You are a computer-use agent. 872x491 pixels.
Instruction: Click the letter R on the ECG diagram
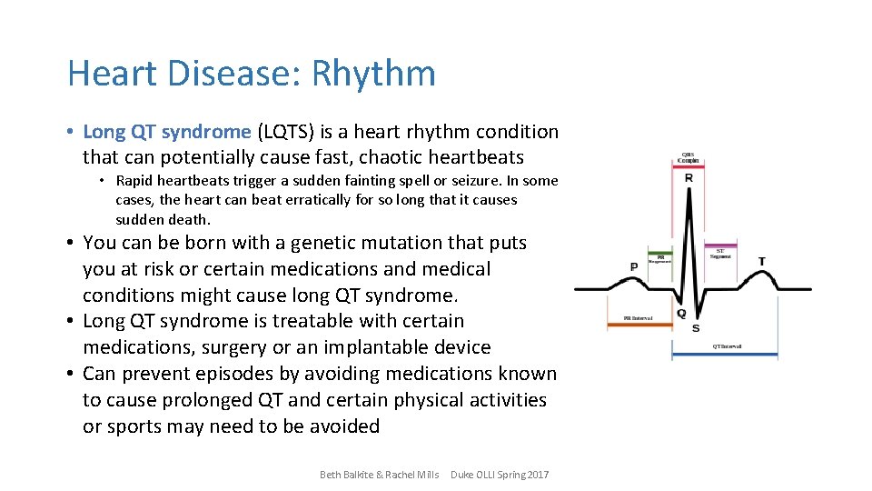pos(689,178)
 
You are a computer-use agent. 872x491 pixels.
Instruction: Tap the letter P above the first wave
pos(633,266)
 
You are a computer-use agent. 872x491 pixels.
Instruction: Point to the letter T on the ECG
pos(761,262)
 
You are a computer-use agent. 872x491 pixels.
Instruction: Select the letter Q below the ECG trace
pos(681,314)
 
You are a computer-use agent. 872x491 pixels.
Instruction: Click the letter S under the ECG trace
pos(695,327)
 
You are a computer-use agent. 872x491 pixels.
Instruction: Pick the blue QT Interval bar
pos(724,354)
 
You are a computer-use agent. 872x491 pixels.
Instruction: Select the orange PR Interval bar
pos(644,325)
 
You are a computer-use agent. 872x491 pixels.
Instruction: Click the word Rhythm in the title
pos(373,74)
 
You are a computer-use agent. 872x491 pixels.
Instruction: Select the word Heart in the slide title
pos(108,74)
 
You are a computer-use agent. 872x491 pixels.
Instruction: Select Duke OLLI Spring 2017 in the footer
pos(500,475)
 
